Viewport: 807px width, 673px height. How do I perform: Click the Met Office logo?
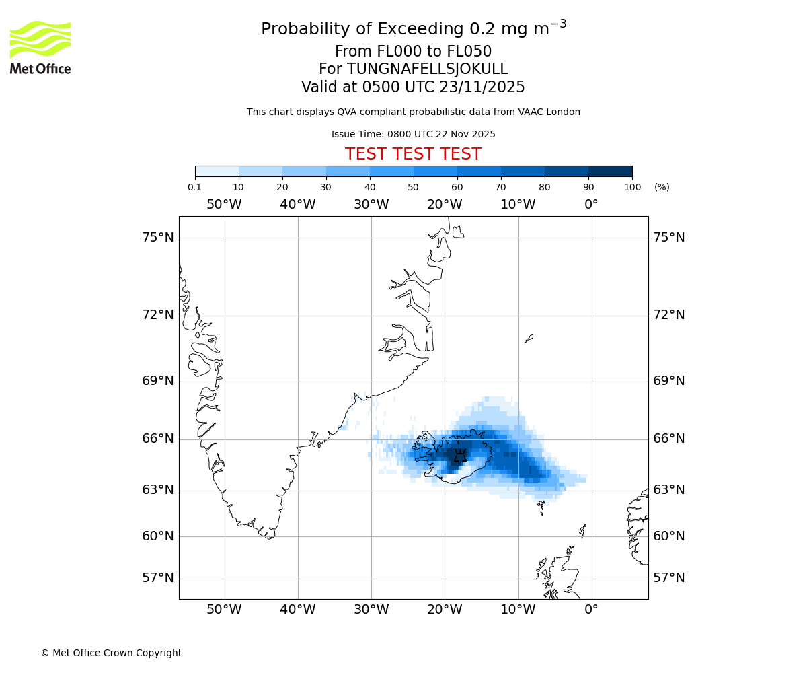tap(40, 47)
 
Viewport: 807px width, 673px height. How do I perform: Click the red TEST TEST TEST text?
tap(413, 154)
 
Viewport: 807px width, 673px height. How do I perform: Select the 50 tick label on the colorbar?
tap(414, 187)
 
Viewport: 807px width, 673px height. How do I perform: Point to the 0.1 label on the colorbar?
tap(195, 187)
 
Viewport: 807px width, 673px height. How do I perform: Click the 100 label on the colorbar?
tap(632, 187)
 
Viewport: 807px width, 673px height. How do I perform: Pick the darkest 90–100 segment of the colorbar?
tap(610, 171)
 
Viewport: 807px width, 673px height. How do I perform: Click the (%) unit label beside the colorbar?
tap(662, 187)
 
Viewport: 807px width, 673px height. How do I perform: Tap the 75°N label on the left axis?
tap(158, 237)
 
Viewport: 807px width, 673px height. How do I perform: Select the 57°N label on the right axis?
tap(669, 578)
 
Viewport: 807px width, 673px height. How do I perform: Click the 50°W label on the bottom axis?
tap(224, 610)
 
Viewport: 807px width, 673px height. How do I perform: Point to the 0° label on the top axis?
tap(591, 205)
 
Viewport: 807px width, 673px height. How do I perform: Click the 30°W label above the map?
tap(371, 205)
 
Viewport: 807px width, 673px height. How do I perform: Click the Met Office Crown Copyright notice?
tap(111, 653)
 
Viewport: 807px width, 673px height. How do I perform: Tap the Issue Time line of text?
tap(413, 134)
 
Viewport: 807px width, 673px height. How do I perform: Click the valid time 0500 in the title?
tap(362, 87)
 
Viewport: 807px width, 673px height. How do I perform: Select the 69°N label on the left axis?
tap(158, 381)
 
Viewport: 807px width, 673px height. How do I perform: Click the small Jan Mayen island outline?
tap(529, 339)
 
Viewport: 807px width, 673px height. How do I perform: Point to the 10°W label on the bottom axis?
tap(518, 610)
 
